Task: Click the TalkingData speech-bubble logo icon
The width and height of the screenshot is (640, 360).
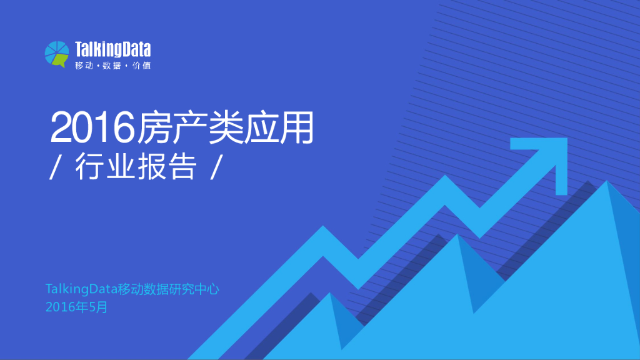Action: pyautogui.click(x=56, y=53)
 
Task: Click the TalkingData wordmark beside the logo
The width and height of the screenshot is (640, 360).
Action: pyautogui.click(x=112, y=49)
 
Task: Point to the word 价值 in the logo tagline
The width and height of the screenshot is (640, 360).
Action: pyautogui.click(x=142, y=66)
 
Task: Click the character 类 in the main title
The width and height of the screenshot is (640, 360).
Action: pyautogui.click(x=225, y=127)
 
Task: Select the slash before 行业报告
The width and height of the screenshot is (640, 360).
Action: pyautogui.click(x=54, y=167)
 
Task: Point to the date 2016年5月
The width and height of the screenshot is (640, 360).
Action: pyautogui.click(x=77, y=307)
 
